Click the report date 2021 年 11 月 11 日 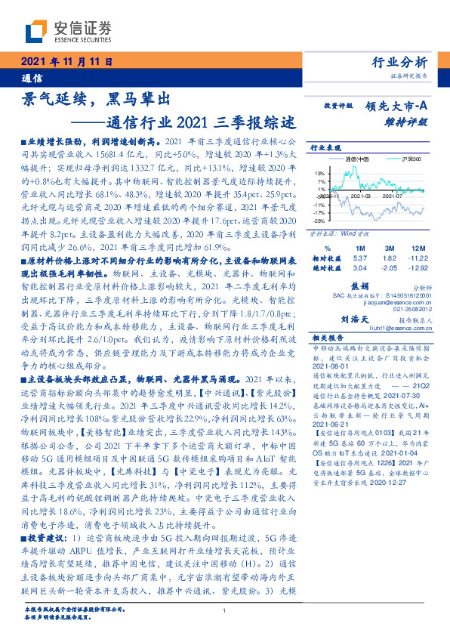click(x=66, y=62)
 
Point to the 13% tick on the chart click(x=320, y=174)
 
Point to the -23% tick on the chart click(x=319, y=221)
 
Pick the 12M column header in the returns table click(x=416, y=248)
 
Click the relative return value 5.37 click(x=359, y=258)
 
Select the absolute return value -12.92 click(x=417, y=267)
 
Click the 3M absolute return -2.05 click(x=388, y=267)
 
